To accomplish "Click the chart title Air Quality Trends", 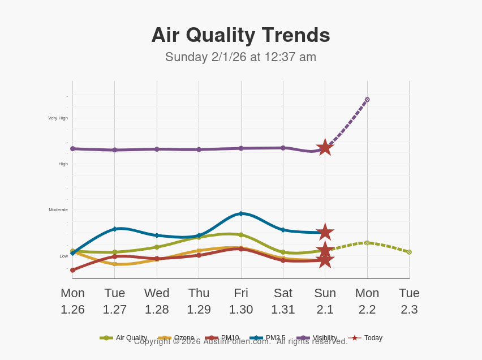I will [240, 35].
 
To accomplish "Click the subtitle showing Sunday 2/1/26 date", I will [240, 57].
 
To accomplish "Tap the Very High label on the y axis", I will [58, 118].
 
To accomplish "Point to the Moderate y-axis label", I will [58, 209].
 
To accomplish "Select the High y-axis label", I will [63, 164].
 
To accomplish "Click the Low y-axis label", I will [63, 256].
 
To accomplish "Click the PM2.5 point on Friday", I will [241, 213].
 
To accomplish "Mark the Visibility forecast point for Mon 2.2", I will [367, 100].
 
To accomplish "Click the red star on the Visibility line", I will [325, 148].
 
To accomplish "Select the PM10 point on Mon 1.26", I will [72, 270].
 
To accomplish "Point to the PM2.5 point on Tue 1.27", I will [115, 229].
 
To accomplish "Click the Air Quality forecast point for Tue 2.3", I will [409, 252].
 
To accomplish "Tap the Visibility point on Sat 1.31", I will [283, 148].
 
